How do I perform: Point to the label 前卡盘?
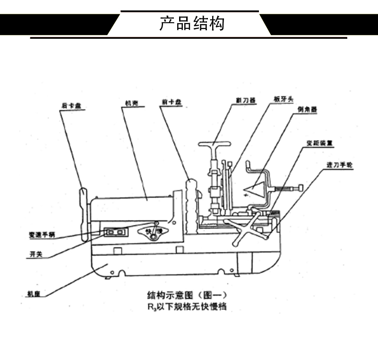(x=166, y=101)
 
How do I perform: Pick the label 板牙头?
(x=283, y=100)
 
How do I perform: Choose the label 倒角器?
(x=307, y=109)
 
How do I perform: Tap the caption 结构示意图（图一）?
(x=188, y=296)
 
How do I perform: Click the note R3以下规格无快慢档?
(x=187, y=307)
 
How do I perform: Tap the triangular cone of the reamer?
(x=256, y=190)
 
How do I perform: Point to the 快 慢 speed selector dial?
(x=154, y=233)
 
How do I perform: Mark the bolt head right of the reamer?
(x=299, y=189)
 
